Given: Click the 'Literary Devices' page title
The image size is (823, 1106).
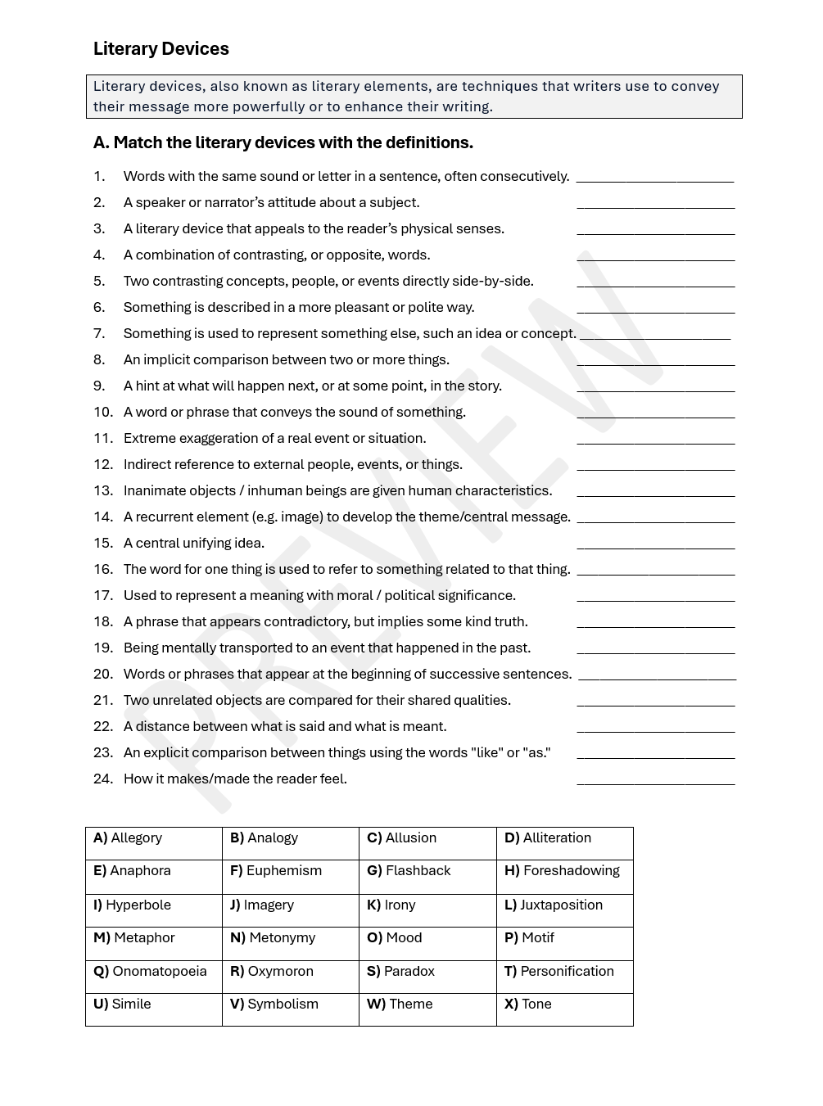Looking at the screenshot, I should tap(161, 49).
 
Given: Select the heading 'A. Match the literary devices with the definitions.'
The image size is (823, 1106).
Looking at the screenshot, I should tap(283, 142).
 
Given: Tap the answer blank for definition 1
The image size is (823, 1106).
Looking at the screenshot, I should tap(654, 178).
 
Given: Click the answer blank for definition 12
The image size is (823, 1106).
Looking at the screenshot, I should tap(655, 466).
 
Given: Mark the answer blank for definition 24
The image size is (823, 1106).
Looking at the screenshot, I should tap(655, 780).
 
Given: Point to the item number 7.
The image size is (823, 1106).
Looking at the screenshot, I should tap(99, 333).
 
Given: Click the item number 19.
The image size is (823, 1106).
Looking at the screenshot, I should tap(103, 648).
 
